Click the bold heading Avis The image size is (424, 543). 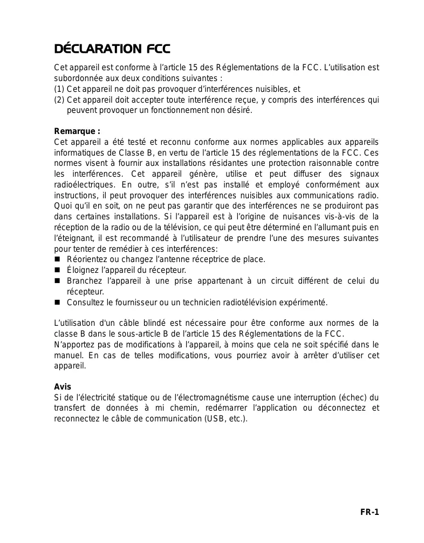[x=63, y=387]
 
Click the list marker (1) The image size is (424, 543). [x=59, y=89]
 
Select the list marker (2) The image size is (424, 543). [x=59, y=100]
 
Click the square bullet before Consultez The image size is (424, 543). [x=57, y=302]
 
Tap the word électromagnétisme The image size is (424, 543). [x=215, y=398]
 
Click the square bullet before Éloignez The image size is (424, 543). [x=57, y=270]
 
